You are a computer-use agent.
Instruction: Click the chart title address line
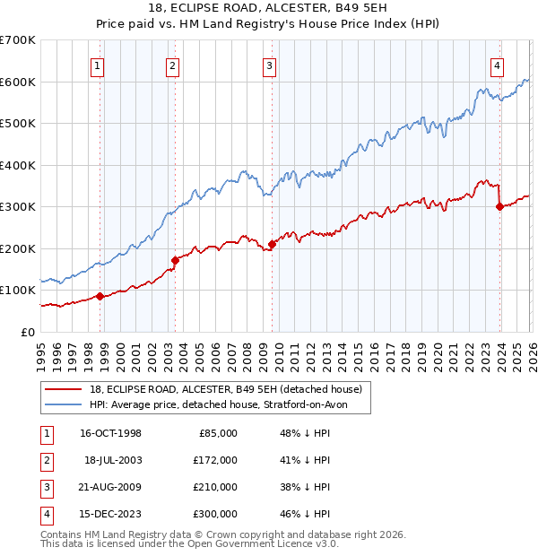[268, 8]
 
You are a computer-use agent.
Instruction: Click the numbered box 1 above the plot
[96, 65]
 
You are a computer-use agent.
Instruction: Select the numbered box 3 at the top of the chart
[269, 65]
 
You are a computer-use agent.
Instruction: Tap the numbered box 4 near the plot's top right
[497, 65]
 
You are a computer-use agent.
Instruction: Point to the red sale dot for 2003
[175, 260]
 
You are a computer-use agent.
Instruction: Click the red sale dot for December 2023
[499, 206]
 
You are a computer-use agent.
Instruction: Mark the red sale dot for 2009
[272, 244]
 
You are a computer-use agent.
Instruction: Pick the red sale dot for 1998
[100, 297]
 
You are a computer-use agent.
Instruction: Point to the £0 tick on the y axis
[29, 332]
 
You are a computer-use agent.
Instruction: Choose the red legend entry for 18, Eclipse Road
[225, 389]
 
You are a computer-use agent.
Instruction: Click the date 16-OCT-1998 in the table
[110, 433]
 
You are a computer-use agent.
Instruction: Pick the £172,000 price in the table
[214, 460]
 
